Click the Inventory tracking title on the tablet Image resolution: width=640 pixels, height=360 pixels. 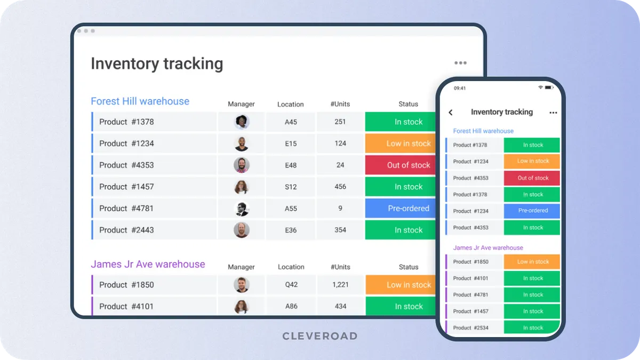pyautogui.click(x=157, y=63)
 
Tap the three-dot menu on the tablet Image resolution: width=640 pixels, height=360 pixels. pyautogui.click(x=460, y=63)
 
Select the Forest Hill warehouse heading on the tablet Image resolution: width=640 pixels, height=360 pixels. pyautogui.click(x=140, y=101)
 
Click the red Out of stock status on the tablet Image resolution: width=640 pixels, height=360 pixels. pyautogui.click(x=408, y=165)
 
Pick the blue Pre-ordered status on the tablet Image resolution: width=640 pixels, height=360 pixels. pyautogui.click(x=408, y=209)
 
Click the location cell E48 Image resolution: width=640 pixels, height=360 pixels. pyautogui.click(x=291, y=165)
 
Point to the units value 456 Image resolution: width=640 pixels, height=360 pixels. pyautogui.click(x=340, y=187)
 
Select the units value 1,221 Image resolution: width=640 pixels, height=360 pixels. pyautogui.click(x=340, y=285)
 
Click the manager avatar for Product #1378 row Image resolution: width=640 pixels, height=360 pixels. pyautogui.click(x=242, y=122)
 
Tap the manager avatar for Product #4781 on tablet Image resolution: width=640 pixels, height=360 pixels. pyautogui.click(x=242, y=209)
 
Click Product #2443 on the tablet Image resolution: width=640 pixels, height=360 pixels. pyautogui.click(x=126, y=230)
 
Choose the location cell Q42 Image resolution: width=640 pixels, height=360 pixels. pyautogui.click(x=291, y=285)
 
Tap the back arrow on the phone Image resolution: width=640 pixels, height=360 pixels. pyautogui.click(x=451, y=113)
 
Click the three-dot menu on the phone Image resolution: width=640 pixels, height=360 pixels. pyautogui.click(x=553, y=113)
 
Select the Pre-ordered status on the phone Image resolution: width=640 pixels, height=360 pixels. pyautogui.click(x=533, y=211)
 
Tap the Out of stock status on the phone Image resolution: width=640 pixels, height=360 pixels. pyautogui.click(x=533, y=178)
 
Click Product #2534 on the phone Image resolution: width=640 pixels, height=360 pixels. pyautogui.click(x=470, y=328)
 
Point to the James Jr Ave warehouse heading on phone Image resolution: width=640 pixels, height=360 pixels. pyautogui.click(x=488, y=248)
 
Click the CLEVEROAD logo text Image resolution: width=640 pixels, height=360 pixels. pyautogui.click(x=320, y=336)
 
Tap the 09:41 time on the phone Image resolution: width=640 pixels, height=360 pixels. pyautogui.click(x=460, y=88)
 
